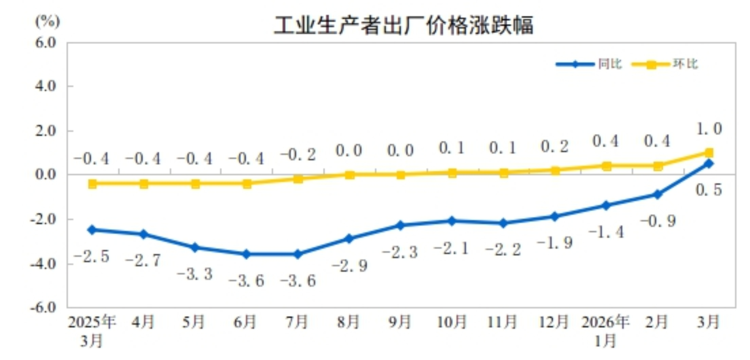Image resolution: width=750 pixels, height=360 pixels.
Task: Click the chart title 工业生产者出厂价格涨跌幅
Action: point(403,25)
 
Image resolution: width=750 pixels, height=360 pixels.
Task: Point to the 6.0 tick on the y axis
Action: point(46,43)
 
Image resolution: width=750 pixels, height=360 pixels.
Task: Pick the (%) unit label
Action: point(48,22)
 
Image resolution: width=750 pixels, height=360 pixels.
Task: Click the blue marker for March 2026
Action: point(709,164)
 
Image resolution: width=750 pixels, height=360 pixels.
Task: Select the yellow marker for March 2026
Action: point(709,152)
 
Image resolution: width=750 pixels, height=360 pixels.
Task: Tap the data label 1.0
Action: point(709,129)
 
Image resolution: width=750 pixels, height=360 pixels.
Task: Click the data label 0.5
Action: point(709,190)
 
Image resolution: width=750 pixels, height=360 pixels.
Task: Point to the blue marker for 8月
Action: point(349,239)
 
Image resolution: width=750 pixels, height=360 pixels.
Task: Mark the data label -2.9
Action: point(350,266)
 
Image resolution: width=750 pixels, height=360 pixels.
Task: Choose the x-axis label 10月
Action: point(451,322)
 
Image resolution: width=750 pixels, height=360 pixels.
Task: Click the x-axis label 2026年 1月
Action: point(605,331)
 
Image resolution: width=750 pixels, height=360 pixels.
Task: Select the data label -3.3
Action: point(195,274)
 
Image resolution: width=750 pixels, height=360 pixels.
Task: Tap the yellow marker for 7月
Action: point(298,179)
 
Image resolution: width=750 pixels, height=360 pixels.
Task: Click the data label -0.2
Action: point(298,155)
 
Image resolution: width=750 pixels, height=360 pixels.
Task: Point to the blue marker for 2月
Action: point(658,195)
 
